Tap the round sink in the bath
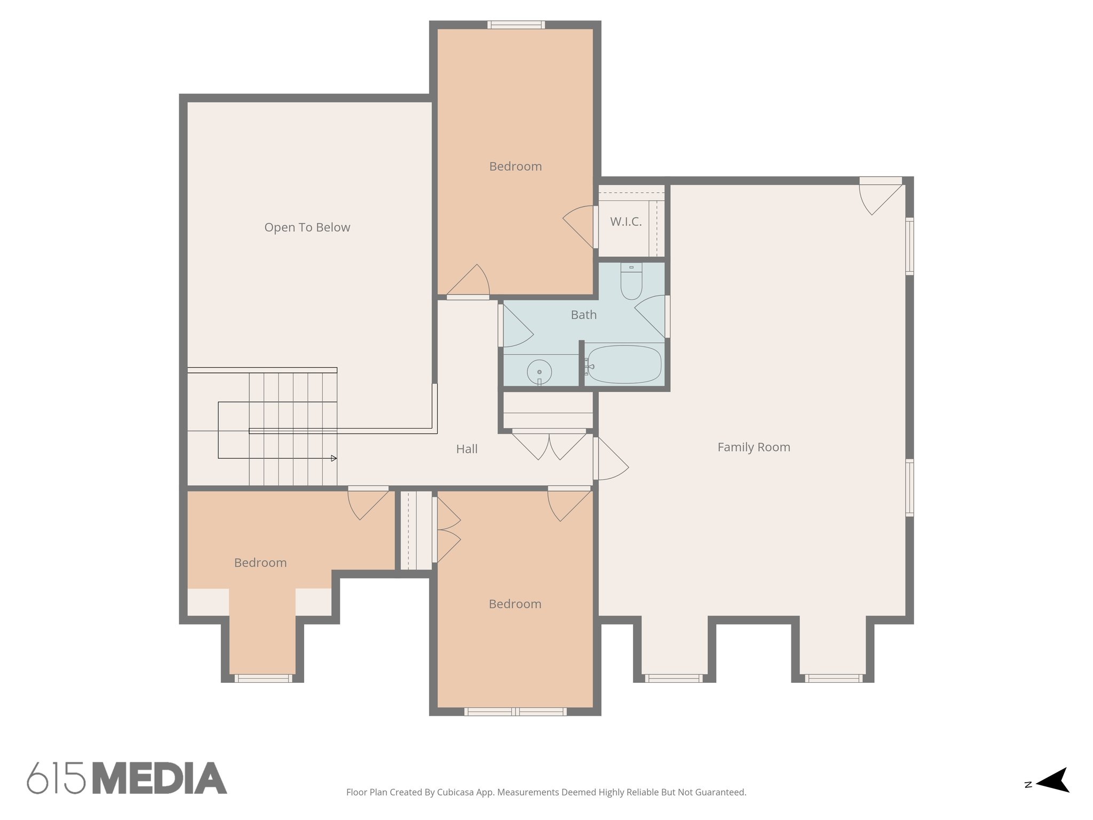tap(539, 372)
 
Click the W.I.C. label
tap(625, 222)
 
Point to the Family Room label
tap(754, 447)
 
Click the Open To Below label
tap(307, 227)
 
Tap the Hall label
tap(466, 450)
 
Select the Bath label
tap(583, 315)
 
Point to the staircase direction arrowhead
tap(334, 458)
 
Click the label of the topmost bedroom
tap(515, 167)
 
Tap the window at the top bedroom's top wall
tap(516, 25)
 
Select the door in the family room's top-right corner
tap(881, 195)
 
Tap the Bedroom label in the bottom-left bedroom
tap(260, 563)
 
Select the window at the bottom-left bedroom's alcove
tap(263, 679)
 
